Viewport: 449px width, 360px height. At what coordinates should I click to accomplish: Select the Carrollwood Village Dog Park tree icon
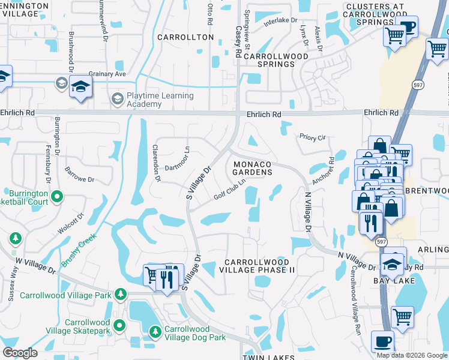click(x=155, y=331)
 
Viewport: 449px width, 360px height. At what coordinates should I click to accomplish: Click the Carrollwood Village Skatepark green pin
click(x=119, y=326)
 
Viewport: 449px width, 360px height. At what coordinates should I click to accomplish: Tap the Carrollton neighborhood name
click(x=185, y=37)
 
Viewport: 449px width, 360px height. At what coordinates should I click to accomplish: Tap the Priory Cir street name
click(x=313, y=137)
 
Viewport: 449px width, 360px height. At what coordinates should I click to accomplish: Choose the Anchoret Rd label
click(x=323, y=171)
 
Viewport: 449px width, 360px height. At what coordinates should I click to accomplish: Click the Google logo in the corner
click(x=20, y=353)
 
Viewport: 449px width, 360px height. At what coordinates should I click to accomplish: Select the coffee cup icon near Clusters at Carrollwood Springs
click(x=407, y=28)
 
